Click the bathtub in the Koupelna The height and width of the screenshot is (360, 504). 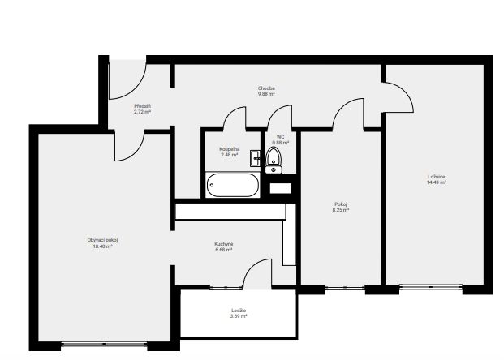(232, 185)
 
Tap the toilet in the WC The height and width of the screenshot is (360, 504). (274, 161)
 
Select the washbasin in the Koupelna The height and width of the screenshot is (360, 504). (255, 158)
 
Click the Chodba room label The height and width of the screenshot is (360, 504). (266, 88)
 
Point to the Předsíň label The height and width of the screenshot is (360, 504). (142, 106)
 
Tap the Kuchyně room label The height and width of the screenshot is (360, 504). (224, 244)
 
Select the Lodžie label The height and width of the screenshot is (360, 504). (239, 311)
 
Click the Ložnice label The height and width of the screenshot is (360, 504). (437, 177)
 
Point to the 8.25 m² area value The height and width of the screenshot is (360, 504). (341, 210)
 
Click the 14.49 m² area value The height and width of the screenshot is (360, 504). (437, 182)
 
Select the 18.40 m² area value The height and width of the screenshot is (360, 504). (103, 246)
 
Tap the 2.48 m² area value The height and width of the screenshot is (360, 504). (229, 155)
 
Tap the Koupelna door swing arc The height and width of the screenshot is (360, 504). (229, 113)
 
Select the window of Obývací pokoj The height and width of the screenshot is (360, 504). (104, 344)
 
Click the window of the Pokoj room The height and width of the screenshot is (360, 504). (345, 287)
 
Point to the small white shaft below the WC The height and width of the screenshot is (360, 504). (281, 188)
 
